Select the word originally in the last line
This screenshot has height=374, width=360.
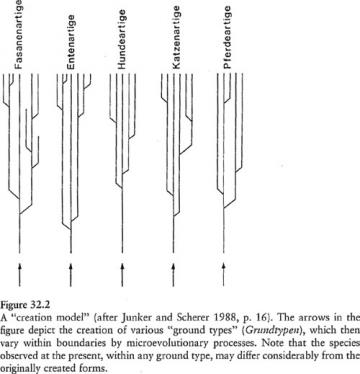(22, 362)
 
